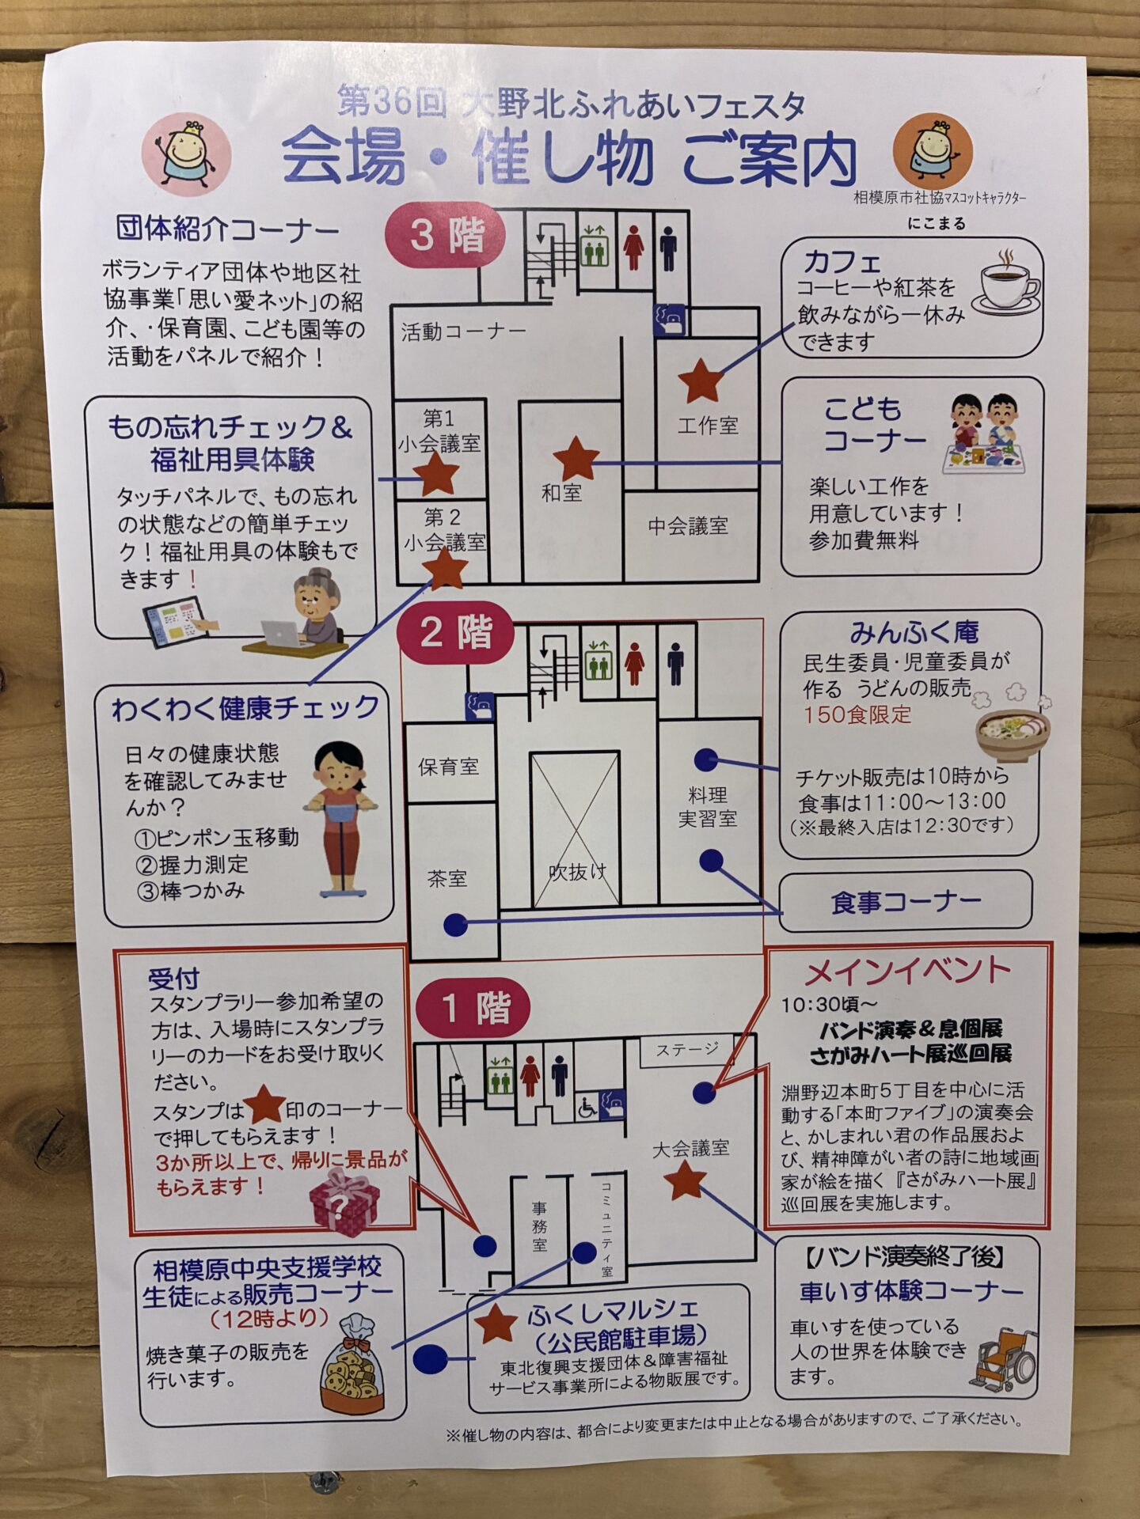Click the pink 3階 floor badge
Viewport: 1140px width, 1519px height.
(x=446, y=236)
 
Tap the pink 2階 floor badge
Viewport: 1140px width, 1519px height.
(x=456, y=633)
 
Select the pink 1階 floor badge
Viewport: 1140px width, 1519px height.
(x=473, y=1008)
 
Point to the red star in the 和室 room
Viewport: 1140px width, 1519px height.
(x=576, y=459)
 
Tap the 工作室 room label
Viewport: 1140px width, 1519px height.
(x=708, y=426)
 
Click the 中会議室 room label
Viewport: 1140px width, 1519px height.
(x=688, y=526)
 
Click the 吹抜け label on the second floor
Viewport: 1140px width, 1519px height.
(x=578, y=872)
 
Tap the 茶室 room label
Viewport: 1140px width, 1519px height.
(x=447, y=878)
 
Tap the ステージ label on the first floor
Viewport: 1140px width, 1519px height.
(x=687, y=1049)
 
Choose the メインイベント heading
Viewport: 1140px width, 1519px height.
(x=908, y=971)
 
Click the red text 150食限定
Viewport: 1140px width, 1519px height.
(x=857, y=714)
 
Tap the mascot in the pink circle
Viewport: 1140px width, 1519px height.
(x=187, y=153)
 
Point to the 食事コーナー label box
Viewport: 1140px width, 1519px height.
(x=906, y=900)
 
